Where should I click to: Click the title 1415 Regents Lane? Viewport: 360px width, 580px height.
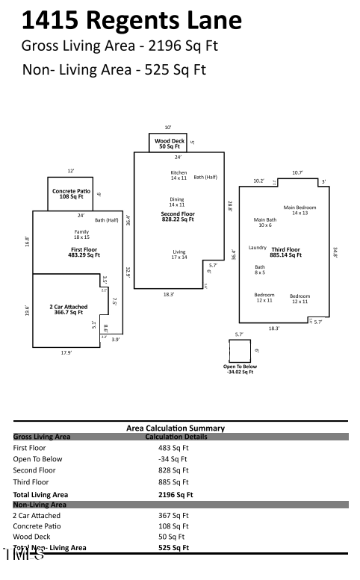click(x=131, y=20)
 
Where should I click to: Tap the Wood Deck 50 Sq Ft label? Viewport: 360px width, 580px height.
click(x=170, y=143)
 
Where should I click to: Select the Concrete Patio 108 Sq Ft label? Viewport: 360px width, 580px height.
click(x=71, y=193)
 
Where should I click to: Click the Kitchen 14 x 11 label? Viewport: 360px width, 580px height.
click(x=179, y=175)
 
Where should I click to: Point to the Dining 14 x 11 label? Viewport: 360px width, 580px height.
click(x=176, y=202)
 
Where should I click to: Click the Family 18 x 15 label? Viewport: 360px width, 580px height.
click(x=81, y=234)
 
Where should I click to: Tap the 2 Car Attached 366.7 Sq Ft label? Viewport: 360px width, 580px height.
click(x=68, y=309)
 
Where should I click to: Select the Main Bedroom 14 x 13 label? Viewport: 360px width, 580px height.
click(x=300, y=210)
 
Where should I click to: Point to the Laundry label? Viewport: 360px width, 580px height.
click(x=258, y=247)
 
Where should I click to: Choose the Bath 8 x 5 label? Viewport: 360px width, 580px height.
click(x=260, y=269)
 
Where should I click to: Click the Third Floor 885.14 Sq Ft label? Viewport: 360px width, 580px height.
click(x=286, y=252)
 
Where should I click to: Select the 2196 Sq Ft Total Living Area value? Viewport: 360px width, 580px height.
click(x=176, y=494)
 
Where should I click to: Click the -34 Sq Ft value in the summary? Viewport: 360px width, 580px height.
click(x=173, y=459)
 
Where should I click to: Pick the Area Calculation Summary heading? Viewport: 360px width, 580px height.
click(x=176, y=428)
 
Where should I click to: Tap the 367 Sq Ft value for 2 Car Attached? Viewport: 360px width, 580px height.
click(x=173, y=515)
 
